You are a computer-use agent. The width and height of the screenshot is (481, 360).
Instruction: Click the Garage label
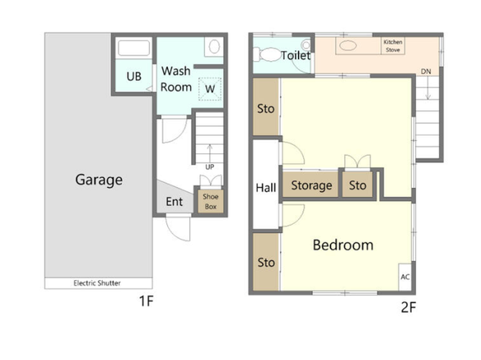[x=99, y=180]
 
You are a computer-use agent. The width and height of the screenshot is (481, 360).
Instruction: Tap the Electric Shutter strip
[x=99, y=283]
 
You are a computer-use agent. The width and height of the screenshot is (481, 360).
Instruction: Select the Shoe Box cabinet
[x=211, y=201]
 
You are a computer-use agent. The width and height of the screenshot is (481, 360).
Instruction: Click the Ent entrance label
[x=175, y=202]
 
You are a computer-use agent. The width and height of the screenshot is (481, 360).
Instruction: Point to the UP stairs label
[x=209, y=167]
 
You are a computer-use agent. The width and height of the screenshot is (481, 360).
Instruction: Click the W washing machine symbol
[x=210, y=89]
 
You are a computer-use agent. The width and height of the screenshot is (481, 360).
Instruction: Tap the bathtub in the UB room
[x=133, y=48]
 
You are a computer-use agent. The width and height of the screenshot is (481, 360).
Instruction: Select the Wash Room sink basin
[x=214, y=47]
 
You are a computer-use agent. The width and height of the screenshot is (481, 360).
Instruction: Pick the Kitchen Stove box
[x=393, y=46]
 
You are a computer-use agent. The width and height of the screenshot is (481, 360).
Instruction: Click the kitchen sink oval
[x=348, y=46]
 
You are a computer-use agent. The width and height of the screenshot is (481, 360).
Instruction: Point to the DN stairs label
[x=426, y=72]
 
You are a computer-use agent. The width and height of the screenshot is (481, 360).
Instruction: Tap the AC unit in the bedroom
[x=405, y=277]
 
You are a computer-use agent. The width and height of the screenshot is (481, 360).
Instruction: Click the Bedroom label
[x=343, y=245]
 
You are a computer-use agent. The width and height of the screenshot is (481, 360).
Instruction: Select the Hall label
[x=266, y=188]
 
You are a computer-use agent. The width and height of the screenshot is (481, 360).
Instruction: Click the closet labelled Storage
[x=311, y=185]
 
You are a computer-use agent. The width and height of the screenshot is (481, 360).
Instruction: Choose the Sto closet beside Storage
[x=357, y=185]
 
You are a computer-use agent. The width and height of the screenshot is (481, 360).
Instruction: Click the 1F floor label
[x=146, y=301]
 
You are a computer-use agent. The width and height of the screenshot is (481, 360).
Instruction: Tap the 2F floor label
[x=409, y=307]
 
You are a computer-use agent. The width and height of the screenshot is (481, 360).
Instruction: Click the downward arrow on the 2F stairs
[x=428, y=88]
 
